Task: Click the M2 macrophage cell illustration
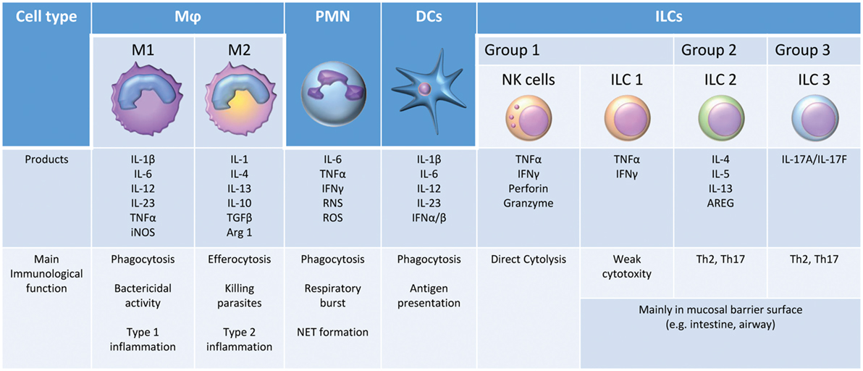[x=238, y=104]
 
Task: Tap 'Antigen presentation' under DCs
[x=428, y=296]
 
